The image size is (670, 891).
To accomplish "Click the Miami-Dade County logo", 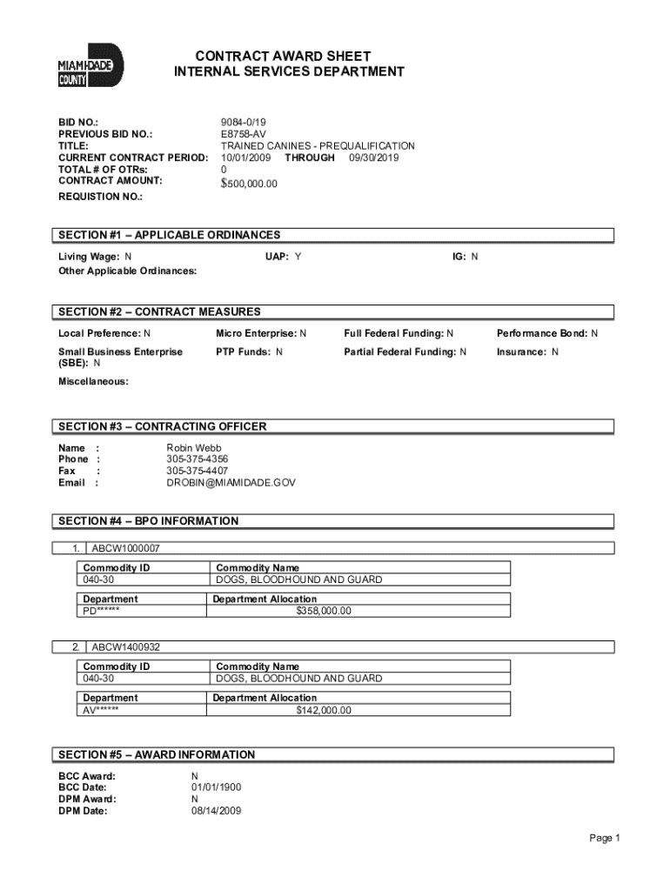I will (90, 67).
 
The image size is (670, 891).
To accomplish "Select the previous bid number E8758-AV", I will (243, 135).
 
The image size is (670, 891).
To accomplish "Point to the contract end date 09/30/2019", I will (374, 158).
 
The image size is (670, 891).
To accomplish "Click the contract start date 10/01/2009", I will (245, 158).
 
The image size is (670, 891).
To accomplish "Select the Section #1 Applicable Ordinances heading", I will (170, 235).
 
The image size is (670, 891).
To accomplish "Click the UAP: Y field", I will (283, 257).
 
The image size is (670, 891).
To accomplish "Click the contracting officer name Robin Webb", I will (194, 448).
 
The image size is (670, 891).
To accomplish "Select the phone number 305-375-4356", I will (198, 459).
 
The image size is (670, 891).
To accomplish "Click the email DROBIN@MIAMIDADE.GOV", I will (231, 482).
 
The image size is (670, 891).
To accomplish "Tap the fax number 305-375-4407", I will (198, 471).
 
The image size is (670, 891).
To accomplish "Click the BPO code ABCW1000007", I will (125, 549).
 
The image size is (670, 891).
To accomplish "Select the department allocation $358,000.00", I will (324, 611).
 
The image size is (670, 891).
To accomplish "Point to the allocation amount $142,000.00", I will (324, 710).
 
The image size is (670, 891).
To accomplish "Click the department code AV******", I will (101, 710).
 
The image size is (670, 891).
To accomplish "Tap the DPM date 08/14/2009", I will (217, 811).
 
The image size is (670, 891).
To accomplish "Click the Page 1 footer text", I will (604, 838).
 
